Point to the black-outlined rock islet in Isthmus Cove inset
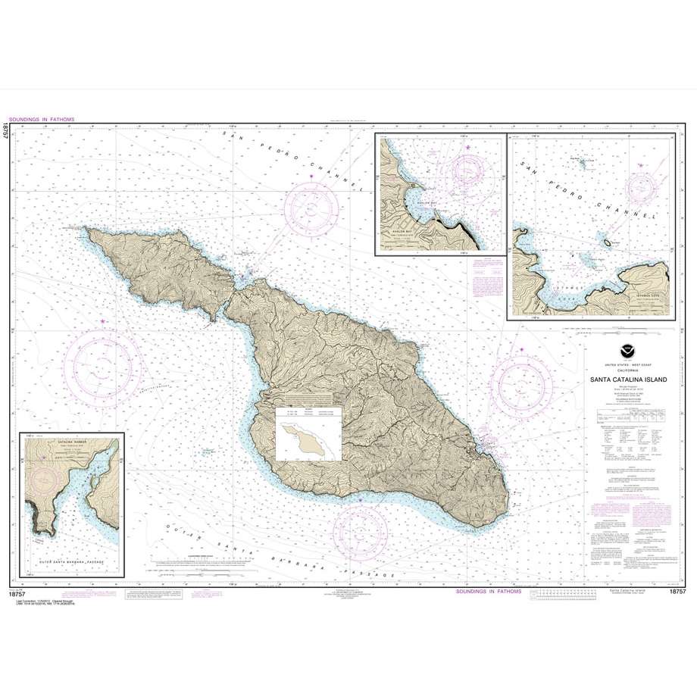click(608, 242)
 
